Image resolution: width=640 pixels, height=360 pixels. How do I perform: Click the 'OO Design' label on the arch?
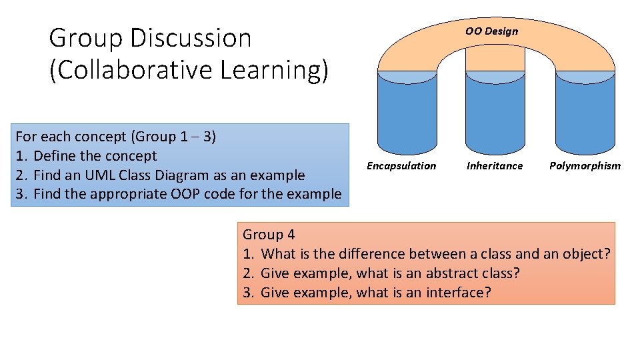(491, 31)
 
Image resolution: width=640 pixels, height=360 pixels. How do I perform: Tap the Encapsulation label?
(401, 166)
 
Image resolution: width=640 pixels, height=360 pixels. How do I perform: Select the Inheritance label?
(495, 166)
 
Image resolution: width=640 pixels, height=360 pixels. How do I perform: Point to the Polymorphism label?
(585, 166)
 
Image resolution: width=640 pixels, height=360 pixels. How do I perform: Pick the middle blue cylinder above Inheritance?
(495, 113)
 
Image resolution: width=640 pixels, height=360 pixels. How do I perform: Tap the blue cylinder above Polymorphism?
(585, 113)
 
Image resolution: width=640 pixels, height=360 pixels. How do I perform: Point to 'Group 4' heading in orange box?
(269, 234)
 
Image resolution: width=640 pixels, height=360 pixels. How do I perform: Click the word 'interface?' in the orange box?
(459, 292)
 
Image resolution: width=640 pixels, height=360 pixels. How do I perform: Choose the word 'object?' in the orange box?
(587, 253)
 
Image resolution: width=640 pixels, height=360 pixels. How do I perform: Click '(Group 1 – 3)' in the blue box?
(173, 137)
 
